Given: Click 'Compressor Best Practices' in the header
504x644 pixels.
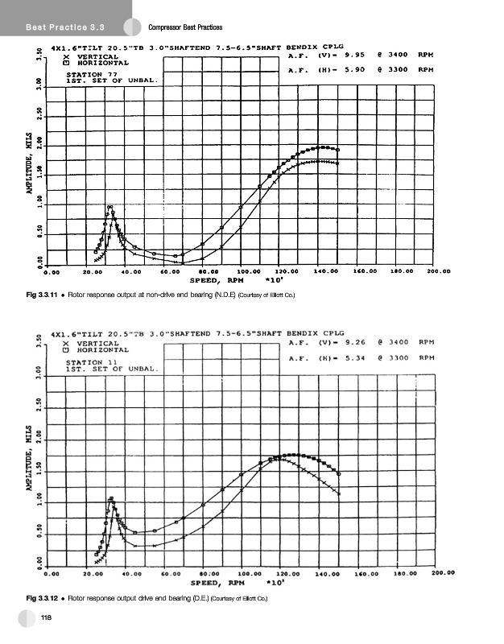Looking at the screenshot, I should point(186,28).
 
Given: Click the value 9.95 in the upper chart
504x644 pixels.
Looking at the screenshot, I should point(354,56).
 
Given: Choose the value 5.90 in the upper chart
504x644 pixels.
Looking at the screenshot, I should point(354,70).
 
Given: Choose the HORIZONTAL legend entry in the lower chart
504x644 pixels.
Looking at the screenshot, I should point(97,349).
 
